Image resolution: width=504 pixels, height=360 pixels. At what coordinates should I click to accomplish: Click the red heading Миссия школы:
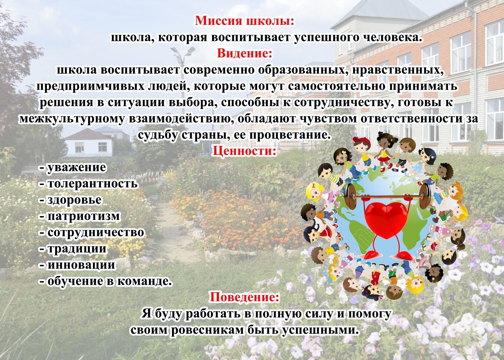tap(244, 21)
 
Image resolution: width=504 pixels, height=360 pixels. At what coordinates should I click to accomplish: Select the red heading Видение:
tap(244, 53)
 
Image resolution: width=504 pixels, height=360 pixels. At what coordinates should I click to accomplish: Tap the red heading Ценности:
tap(244, 151)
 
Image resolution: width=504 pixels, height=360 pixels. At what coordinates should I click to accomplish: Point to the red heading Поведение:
tap(244, 297)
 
